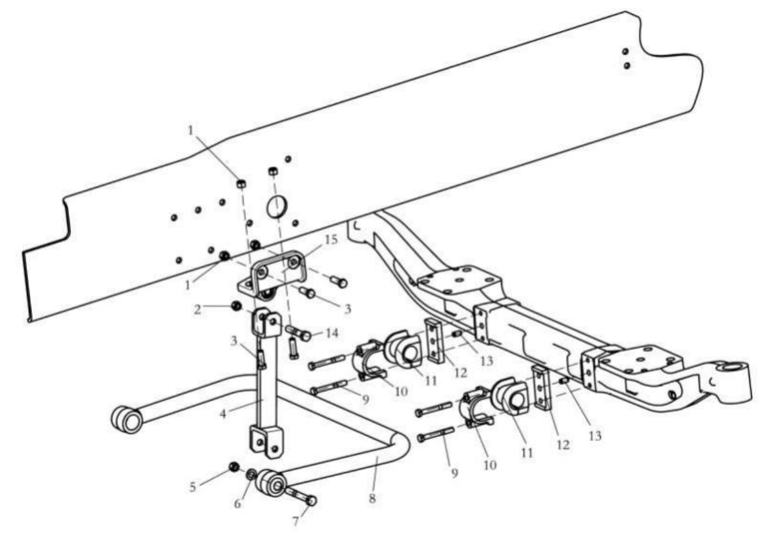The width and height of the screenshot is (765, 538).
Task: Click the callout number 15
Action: pyautogui.click(x=331, y=240)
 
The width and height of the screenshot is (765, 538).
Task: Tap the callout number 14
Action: pyautogui.click(x=331, y=333)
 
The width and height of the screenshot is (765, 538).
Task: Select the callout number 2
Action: pyautogui.click(x=198, y=309)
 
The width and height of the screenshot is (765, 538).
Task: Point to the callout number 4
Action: pyautogui.click(x=223, y=414)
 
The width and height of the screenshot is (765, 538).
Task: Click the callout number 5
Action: pyautogui.click(x=193, y=487)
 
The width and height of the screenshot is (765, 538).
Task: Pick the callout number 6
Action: pyautogui.click(x=238, y=504)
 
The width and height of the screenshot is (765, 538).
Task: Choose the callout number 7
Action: pyautogui.click(x=296, y=521)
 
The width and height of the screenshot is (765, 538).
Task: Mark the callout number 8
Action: pyautogui.click(x=372, y=498)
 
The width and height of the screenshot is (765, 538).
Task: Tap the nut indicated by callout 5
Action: pyautogui.click(x=233, y=467)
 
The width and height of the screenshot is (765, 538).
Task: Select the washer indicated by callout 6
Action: pyautogui.click(x=252, y=474)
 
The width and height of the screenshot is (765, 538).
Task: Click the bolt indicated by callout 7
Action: pyautogui.click(x=301, y=497)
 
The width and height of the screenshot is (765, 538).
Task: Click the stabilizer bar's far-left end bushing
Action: pyautogui.click(x=126, y=419)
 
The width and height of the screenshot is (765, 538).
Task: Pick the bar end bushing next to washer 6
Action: pyautogui.click(x=272, y=483)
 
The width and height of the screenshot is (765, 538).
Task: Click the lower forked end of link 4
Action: pyautogui.click(x=267, y=441)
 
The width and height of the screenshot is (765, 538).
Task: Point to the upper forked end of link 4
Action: pyautogui.click(x=266, y=323)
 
